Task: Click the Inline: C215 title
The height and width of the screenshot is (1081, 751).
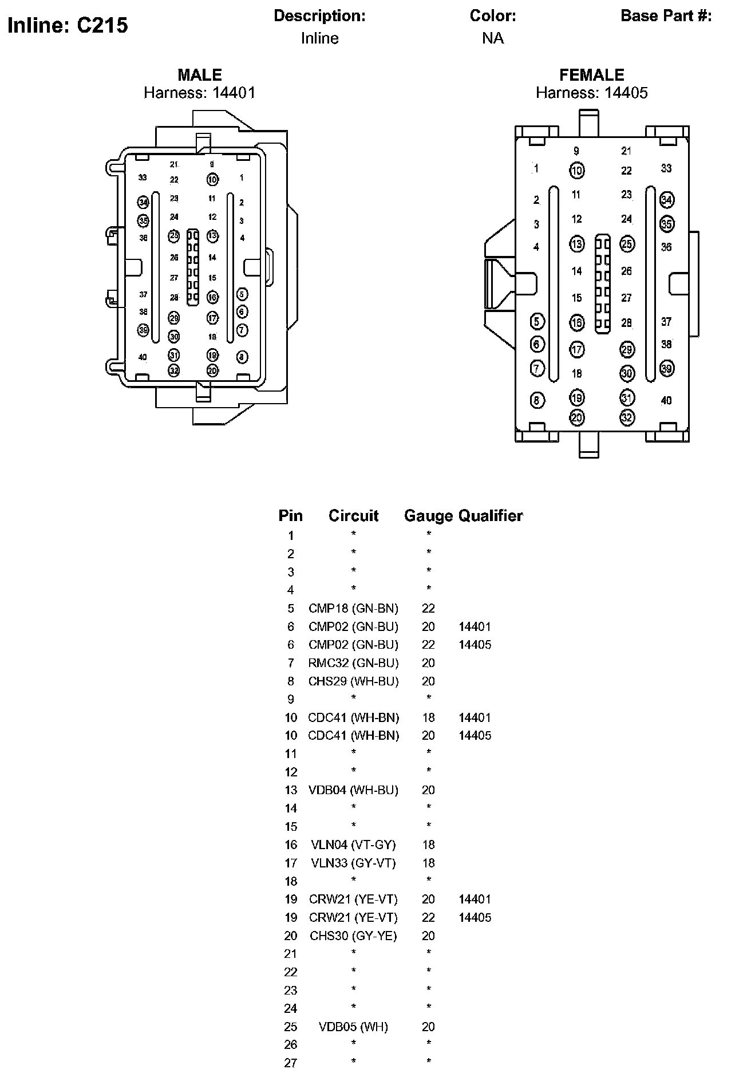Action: (68, 25)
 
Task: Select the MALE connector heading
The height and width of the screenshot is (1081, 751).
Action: (199, 75)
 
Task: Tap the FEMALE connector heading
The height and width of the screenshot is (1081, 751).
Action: (591, 75)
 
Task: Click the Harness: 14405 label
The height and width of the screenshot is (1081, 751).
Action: (591, 93)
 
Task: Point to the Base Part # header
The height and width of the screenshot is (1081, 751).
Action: (666, 16)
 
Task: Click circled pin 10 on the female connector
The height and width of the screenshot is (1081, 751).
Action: (576, 170)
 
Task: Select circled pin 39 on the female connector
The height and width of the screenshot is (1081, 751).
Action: (666, 368)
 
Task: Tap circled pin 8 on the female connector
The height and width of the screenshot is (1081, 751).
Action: (536, 400)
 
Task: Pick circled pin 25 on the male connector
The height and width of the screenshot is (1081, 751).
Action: (174, 235)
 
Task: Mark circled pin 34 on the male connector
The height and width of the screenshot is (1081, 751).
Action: (143, 202)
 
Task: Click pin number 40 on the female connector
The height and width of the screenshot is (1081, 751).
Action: (666, 400)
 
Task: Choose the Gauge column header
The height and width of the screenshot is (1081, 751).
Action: (428, 516)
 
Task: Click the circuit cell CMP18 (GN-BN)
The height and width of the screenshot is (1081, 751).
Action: (353, 608)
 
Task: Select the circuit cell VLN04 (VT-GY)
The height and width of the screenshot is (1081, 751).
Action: (353, 845)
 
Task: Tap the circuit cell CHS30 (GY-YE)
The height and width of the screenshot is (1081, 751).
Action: (353, 936)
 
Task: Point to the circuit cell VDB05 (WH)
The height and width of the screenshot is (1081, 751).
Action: (353, 1027)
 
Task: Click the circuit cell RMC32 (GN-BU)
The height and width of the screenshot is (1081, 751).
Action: (353, 663)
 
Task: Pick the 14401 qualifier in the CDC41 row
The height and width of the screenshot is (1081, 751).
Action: (475, 717)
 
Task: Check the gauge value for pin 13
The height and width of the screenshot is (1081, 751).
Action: (428, 790)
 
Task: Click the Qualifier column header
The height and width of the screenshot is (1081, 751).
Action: (491, 516)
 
